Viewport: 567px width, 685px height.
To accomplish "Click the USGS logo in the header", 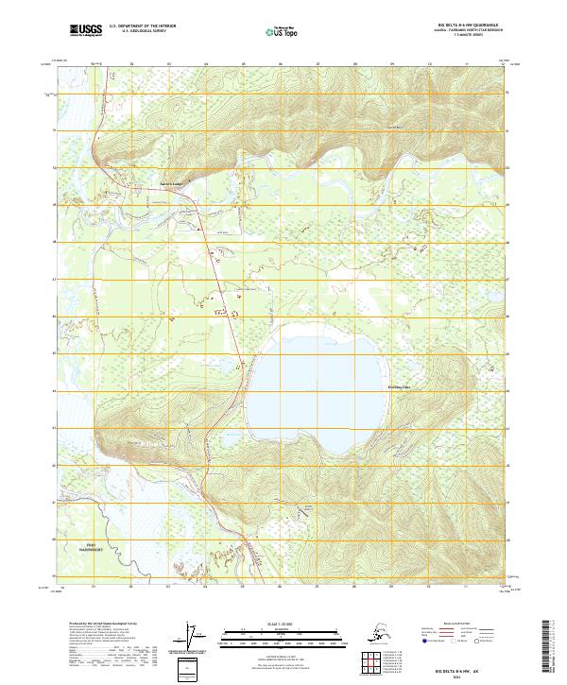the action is pos(83,31).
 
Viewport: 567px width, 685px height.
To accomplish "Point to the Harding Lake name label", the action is pos(401,385).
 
